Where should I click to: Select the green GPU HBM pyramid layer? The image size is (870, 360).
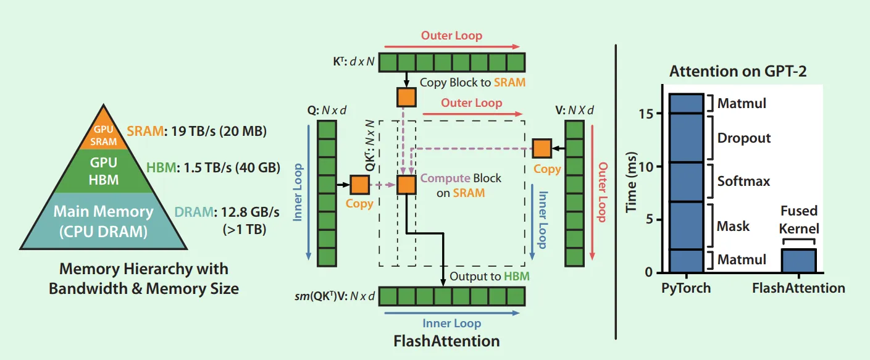pos(104,171)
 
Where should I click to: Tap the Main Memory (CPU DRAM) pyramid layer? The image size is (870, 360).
pos(104,221)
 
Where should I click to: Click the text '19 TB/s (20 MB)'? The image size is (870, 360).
pos(219,132)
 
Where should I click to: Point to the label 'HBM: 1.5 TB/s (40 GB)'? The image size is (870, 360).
pos(213,168)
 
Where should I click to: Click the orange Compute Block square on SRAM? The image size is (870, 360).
pos(406,185)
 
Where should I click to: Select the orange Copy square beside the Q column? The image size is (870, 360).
pos(359,185)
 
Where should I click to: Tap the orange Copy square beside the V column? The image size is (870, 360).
pos(542,148)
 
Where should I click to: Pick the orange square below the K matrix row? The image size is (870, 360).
pos(406,97)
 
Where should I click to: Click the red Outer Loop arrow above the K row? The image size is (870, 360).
pos(452,46)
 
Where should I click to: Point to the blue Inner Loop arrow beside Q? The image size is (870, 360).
pos(308,192)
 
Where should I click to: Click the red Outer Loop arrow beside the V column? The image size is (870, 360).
pos(592,192)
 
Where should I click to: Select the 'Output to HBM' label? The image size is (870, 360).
pos(490,276)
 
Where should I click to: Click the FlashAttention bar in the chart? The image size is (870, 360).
pos(798,261)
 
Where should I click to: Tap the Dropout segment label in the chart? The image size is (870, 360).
pos(744,138)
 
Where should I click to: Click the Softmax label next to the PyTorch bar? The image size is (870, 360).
pos(743,181)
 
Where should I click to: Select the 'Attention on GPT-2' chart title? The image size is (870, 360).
pos(738,71)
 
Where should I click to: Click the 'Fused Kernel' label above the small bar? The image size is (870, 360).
pos(799,219)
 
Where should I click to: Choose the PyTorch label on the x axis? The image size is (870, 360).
pos(686,288)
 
